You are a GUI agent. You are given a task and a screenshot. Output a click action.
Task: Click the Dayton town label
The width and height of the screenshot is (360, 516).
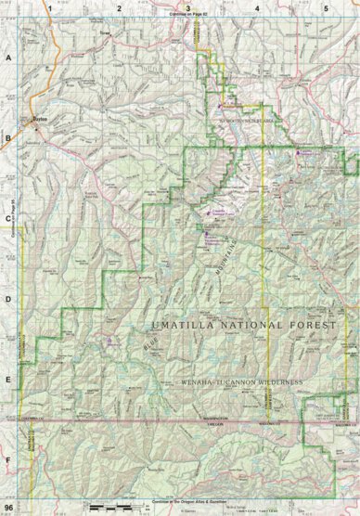point(37,120)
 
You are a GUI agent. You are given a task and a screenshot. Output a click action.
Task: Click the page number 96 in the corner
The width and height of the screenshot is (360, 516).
point(9,508)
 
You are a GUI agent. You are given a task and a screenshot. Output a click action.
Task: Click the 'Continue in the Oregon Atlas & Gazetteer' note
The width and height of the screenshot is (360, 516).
point(188,501)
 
